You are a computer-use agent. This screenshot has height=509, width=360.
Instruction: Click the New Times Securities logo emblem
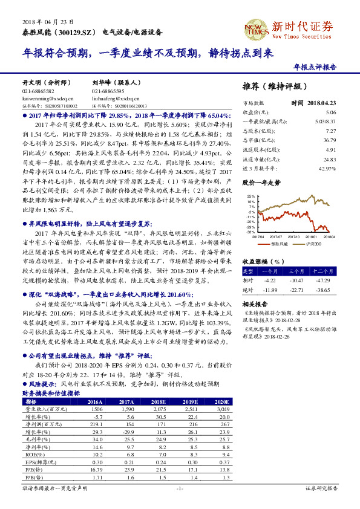(255, 28)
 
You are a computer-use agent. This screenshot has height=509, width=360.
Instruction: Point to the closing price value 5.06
(330, 113)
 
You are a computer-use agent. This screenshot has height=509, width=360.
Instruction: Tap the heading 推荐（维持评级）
(273, 85)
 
